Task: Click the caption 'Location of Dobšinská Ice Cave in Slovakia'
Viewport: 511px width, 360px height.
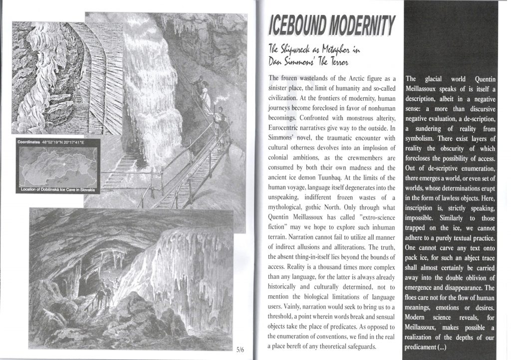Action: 59,190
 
